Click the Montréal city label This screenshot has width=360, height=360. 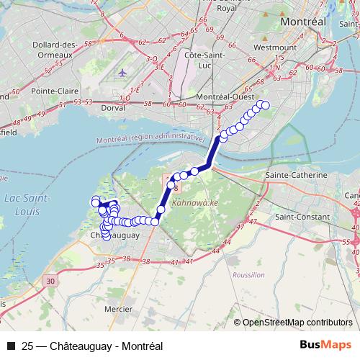303,22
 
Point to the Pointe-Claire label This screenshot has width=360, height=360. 55,91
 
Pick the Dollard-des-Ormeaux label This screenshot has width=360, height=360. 55,50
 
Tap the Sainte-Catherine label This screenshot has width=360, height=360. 297,175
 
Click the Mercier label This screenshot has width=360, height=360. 118,310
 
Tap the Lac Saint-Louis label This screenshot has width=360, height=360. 27,203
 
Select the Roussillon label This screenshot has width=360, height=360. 248,275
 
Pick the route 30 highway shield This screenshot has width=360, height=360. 48,280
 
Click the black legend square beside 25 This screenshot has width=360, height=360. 11,345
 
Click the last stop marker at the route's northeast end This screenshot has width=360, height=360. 265,105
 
